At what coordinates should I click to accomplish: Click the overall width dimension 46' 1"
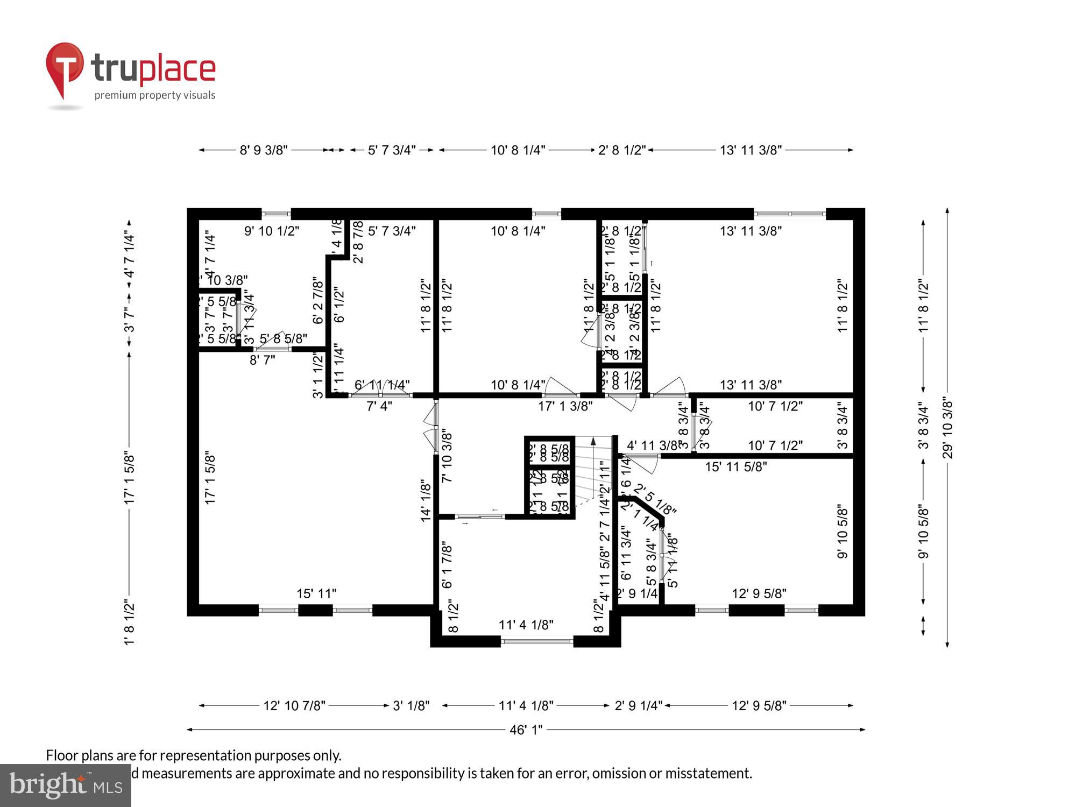pos(526,730)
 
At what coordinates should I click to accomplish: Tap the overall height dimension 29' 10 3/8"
pos(947,429)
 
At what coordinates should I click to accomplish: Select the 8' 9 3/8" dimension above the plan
pos(264,150)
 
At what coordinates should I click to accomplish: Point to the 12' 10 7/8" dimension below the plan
pos(294,705)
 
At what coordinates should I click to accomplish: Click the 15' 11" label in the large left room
pos(316,593)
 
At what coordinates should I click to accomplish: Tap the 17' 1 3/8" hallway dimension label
pos(565,406)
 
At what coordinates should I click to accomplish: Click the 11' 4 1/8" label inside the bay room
pos(526,625)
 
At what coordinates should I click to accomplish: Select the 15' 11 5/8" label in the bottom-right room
pos(735,467)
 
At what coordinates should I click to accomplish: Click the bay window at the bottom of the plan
pos(536,641)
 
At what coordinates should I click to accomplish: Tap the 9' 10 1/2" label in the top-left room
pos(272,231)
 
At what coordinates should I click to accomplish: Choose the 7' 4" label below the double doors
pos(379,406)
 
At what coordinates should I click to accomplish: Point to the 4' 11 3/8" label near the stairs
pos(653,445)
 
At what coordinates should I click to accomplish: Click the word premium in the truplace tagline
pos(115,96)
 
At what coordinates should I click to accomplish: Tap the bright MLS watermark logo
pos(65,785)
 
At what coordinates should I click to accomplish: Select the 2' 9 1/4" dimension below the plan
pos(639,705)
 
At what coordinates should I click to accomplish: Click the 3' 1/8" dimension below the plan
pos(411,705)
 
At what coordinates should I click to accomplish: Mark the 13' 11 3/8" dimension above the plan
pos(751,150)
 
